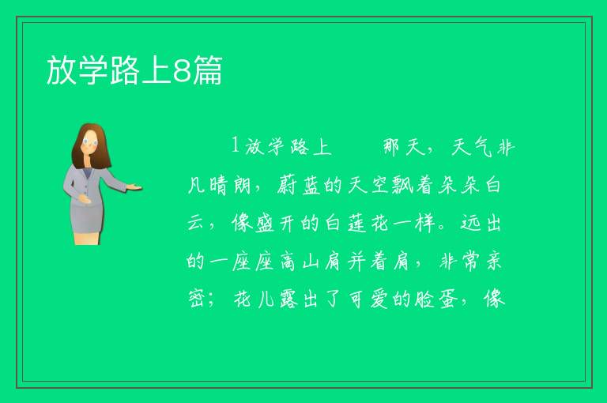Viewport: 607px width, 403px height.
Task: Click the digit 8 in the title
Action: [182, 70]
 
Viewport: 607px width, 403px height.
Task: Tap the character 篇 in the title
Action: [208, 70]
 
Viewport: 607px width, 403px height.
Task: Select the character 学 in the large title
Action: [93, 70]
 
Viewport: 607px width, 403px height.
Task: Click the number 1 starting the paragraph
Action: [235, 145]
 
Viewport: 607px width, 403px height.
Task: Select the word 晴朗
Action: [230, 186]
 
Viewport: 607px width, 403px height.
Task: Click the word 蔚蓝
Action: [299, 186]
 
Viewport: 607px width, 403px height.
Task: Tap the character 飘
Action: [403, 186]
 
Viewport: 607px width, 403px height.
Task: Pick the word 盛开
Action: [253, 224]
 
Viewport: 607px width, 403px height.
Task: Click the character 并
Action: [356, 262]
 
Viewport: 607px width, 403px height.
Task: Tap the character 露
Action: [287, 299]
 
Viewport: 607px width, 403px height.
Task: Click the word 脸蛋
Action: [435, 299]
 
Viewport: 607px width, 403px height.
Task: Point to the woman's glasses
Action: [90, 142]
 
